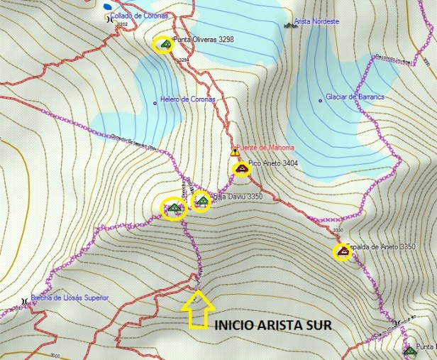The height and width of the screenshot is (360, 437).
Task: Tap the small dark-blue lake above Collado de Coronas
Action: (107, 6)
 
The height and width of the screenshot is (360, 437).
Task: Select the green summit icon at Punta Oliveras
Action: (165, 44)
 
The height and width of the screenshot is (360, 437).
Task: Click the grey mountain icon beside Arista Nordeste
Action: (291, 25)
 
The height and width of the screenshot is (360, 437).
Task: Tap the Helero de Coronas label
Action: (188, 99)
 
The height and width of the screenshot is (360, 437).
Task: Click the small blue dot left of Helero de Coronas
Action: (155, 102)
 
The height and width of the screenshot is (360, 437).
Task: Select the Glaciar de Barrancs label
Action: (354, 97)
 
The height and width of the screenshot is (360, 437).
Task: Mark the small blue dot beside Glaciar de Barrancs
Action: (320, 100)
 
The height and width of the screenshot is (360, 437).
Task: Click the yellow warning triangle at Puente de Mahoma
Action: (235, 151)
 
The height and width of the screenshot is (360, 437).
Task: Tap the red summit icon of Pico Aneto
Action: (241, 168)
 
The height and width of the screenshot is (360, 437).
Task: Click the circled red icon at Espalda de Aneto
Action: (343, 251)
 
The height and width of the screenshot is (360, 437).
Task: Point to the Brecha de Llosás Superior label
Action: (69, 298)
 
